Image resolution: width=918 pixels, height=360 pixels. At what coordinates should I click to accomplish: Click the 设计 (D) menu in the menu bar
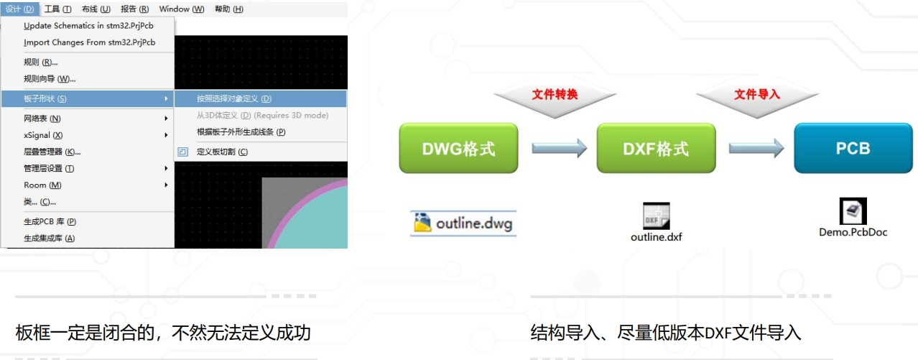[19, 9]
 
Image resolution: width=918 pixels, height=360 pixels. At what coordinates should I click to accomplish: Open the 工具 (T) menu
[57, 9]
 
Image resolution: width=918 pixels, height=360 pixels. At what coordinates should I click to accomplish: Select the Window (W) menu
[182, 9]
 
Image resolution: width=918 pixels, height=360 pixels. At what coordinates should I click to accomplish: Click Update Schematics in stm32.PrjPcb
[88, 26]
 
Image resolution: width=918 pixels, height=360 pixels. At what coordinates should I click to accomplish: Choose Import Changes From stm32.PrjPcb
[89, 42]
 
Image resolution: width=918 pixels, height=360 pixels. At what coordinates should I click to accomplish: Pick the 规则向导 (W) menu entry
[50, 79]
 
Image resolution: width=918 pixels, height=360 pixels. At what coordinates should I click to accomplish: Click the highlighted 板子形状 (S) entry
[45, 98]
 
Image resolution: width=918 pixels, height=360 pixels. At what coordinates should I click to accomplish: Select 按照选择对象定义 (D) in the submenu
[234, 98]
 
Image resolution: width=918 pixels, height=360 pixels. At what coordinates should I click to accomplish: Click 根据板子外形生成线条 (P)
[241, 132]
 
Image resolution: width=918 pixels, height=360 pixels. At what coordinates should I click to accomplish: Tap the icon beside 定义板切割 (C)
[183, 152]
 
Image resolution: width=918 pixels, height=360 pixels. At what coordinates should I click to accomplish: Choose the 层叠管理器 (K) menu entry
[52, 152]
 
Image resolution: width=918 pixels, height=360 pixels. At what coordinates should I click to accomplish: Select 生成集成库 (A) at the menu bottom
[49, 239]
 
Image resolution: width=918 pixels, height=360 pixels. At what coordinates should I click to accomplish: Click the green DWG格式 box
[458, 148]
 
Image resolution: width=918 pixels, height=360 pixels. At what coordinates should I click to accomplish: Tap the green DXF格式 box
[656, 148]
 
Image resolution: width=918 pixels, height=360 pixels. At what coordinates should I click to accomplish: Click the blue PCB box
[853, 148]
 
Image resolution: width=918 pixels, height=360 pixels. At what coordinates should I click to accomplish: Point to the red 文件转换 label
[555, 94]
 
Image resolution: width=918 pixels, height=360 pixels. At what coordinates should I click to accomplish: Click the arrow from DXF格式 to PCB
[756, 148]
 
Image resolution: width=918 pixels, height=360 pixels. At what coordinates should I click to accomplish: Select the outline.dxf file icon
[656, 216]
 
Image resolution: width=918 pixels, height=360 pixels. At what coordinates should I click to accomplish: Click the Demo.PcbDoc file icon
[853, 211]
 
